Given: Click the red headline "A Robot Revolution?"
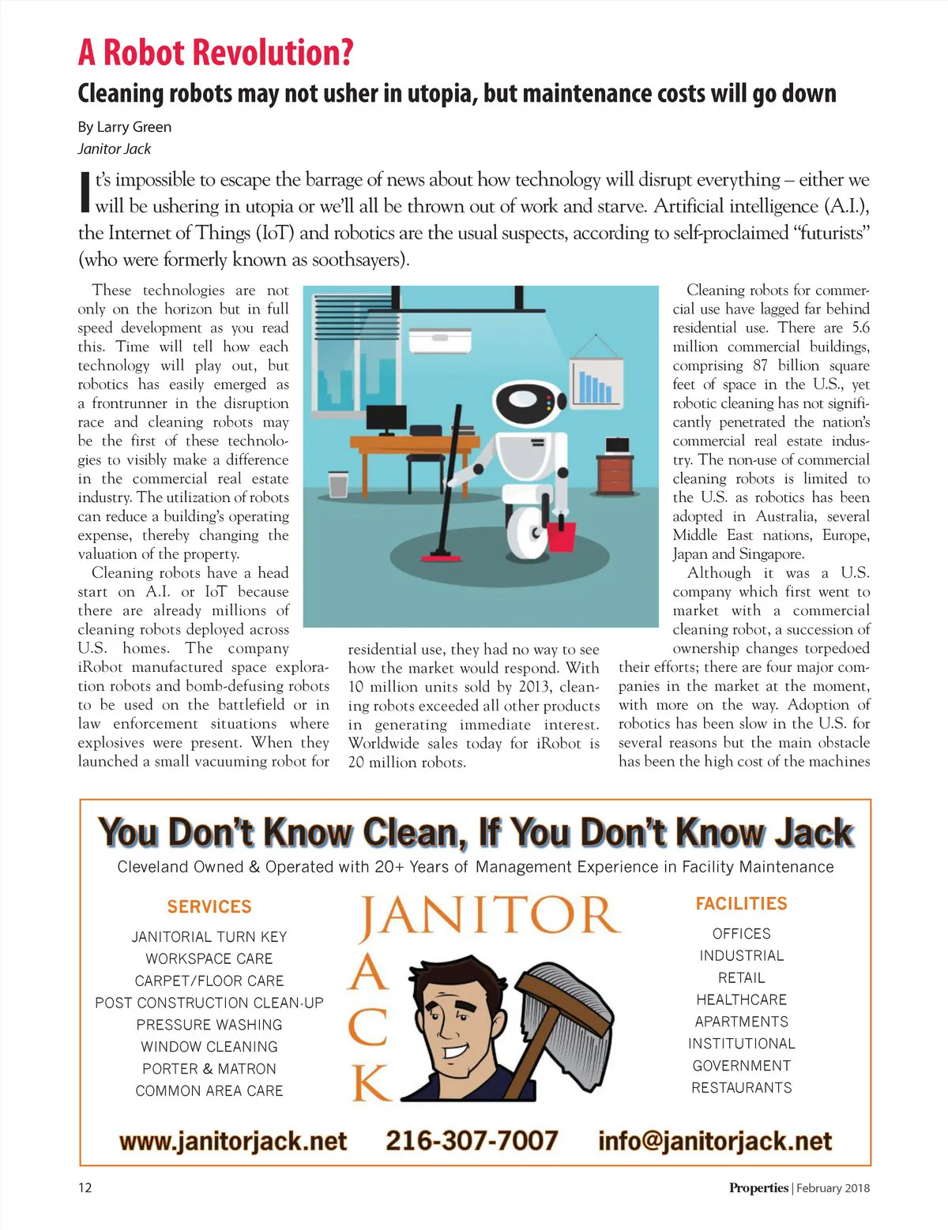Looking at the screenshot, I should click(x=215, y=53).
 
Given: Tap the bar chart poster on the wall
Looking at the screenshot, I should click(x=593, y=380).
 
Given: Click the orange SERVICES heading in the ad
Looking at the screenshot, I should click(x=209, y=906).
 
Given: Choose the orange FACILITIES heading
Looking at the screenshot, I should click(x=741, y=903).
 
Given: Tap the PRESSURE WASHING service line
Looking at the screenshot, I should click(x=209, y=1025).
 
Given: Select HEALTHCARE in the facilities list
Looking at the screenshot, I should click(x=741, y=999).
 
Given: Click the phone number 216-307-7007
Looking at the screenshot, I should click(x=472, y=1141).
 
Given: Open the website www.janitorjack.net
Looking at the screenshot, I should click(x=233, y=1142).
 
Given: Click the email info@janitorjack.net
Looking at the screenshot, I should click(x=715, y=1142).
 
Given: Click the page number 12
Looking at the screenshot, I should click(x=85, y=1188).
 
